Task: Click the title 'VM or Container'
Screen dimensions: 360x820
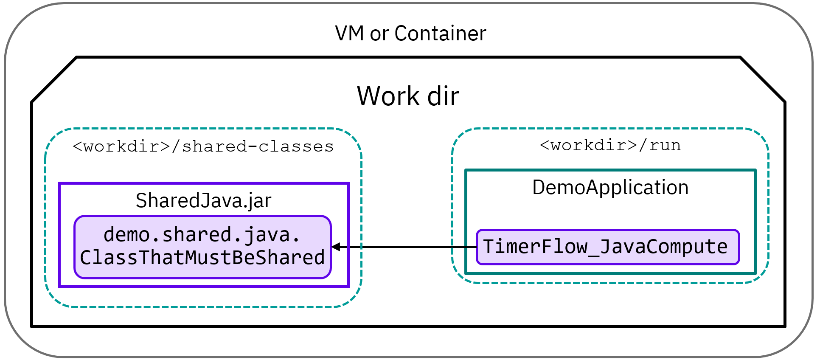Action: (x=410, y=34)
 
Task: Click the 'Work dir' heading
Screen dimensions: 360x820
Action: (x=408, y=96)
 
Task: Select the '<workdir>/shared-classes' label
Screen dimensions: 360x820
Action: (x=203, y=146)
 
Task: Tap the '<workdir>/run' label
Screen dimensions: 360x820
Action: (x=610, y=145)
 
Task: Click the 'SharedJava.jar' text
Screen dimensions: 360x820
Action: (x=203, y=200)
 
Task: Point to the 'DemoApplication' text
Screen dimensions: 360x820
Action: (x=610, y=187)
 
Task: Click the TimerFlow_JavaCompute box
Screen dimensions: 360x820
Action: (x=607, y=247)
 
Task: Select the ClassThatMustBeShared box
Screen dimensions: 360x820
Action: (x=202, y=247)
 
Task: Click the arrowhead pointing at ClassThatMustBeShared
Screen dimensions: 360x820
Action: (x=336, y=247)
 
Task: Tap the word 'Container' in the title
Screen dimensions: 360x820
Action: (x=440, y=34)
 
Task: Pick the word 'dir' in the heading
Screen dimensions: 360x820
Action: (x=443, y=96)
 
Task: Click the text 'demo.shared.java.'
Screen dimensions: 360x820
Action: (x=202, y=235)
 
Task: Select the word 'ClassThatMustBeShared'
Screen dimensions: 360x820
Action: (x=202, y=258)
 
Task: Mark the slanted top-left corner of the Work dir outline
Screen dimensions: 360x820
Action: (x=54, y=79)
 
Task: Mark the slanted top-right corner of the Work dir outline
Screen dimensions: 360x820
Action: (x=763, y=79)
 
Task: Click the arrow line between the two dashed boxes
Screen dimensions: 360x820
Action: (x=407, y=247)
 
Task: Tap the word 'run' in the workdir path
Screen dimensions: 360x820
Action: (x=665, y=145)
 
